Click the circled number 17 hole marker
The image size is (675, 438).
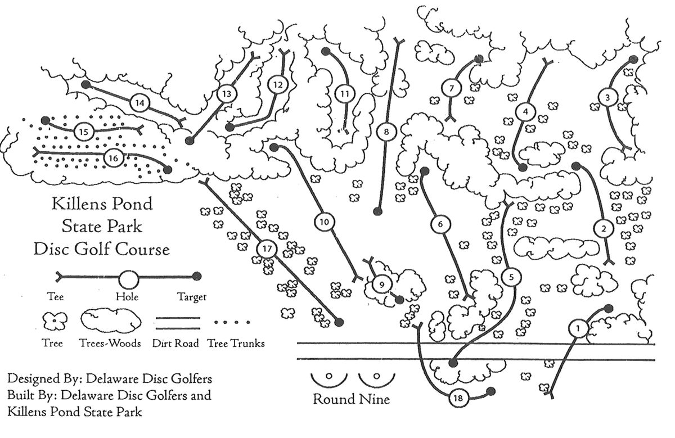point(267,248)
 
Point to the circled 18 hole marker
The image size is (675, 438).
point(458,398)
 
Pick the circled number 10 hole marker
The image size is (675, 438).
point(324,222)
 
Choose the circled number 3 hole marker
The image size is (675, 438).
point(606,97)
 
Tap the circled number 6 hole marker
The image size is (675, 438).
point(440,224)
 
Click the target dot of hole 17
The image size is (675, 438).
point(339,322)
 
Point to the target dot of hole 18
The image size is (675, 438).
point(490,391)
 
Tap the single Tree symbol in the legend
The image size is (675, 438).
point(55,322)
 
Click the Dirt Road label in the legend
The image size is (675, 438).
point(175,343)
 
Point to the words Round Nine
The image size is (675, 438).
point(350,400)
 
